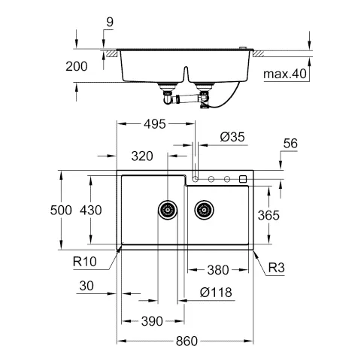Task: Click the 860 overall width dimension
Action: (x=187, y=341)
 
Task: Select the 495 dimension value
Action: (x=155, y=124)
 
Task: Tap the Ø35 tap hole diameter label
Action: (x=232, y=137)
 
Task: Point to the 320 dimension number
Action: (x=142, y=156)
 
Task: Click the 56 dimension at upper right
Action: (x=290, y=144)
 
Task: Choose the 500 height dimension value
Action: (x=61, y=210)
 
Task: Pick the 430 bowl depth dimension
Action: (x=91, y=210)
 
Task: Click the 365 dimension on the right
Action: (x=268, y=215)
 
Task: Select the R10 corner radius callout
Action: (x=85, y=262)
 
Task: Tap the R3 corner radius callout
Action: (x=277, y=268)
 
